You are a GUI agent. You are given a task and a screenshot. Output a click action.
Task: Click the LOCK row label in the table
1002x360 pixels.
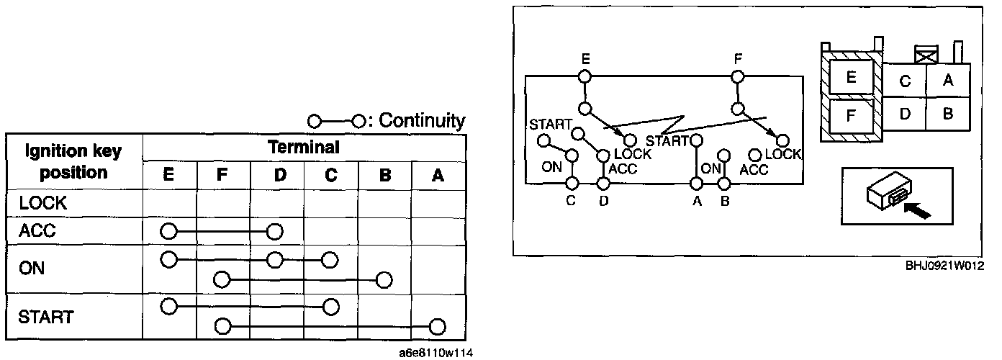[x=42, y=204]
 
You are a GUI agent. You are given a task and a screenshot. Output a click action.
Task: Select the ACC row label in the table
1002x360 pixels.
[x=38, y=232]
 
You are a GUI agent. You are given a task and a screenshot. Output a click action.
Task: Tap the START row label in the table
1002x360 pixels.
[x=46, y=317]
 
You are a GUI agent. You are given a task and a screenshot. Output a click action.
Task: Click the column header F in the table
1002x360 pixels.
[x=222, y=175]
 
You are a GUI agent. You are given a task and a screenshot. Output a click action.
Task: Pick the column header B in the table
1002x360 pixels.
[x=385, y=175]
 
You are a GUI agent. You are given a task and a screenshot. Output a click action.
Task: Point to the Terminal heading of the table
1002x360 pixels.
[x=303, y=148]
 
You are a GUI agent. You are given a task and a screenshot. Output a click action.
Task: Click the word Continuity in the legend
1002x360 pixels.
[x=422, y=120]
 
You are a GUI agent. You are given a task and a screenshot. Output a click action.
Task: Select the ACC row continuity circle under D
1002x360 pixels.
[x=274, y=232]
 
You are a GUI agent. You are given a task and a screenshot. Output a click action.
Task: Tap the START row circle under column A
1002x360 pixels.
[x=437, y=327]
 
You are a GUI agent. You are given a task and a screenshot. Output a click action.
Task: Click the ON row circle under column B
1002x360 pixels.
[x=384, y=279]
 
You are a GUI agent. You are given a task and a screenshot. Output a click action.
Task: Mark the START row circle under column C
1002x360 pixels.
[x=330, y=307]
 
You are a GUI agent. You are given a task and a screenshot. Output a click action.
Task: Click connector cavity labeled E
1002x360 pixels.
[x=851, y=77]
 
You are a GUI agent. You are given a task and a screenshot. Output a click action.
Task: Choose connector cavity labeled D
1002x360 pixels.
[x=906, y=113]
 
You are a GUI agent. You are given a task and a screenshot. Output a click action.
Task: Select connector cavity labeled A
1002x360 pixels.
[x=948, y=81]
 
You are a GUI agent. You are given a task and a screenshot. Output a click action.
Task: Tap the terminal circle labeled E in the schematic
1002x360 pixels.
[x=585, y=76]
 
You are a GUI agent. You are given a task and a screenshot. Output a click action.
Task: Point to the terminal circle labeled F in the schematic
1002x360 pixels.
[x=737, y=76]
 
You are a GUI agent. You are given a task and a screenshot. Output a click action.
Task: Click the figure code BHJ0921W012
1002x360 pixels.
[x=944, y=265]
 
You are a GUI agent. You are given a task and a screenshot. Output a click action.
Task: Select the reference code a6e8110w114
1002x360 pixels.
[x=436, y=353]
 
